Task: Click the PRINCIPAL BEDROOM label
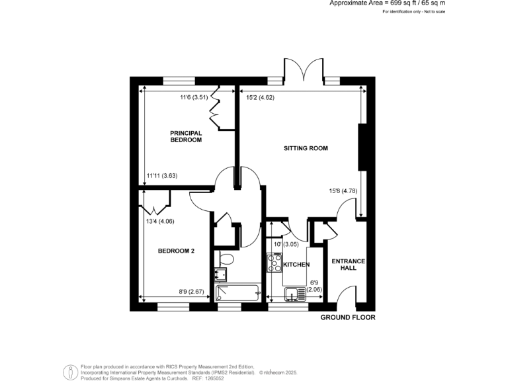coord(185,136)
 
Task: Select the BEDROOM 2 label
coord(176,251)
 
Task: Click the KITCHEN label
coord(296,265)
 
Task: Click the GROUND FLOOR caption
coord(348,317)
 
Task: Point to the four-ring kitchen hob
coord(273,263)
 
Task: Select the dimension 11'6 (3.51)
coord(194,99)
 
